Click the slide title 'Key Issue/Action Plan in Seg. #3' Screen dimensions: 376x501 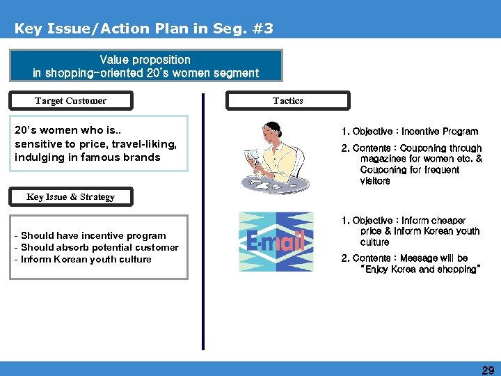coord(143,29)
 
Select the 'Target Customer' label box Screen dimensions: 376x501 coord(70,101)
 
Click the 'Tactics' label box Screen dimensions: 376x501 coord(287,101)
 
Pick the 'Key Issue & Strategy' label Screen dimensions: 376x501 coord(70,197)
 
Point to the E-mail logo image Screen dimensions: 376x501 coord(276,242)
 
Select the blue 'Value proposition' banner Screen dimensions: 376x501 coord(145,66)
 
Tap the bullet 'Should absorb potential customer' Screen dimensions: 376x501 coord(99,248)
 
